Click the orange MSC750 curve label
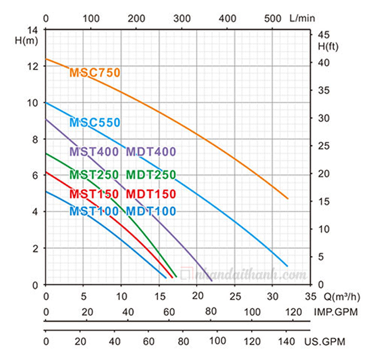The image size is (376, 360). [x=95, y=72]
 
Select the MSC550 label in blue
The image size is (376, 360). [x=95, y=123]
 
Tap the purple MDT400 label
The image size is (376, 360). [x=151, y=152]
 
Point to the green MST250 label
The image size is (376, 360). [x=94, y=175]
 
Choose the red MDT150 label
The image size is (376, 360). [x=151, y=194]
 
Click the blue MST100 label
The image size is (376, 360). [x=94, y=211]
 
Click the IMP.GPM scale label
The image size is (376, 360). [x=337, y=312]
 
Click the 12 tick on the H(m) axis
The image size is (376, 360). [x=34, y=66]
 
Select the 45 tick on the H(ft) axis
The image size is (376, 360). [x=323, y=35]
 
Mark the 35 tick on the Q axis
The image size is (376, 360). [x=310, y=295]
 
